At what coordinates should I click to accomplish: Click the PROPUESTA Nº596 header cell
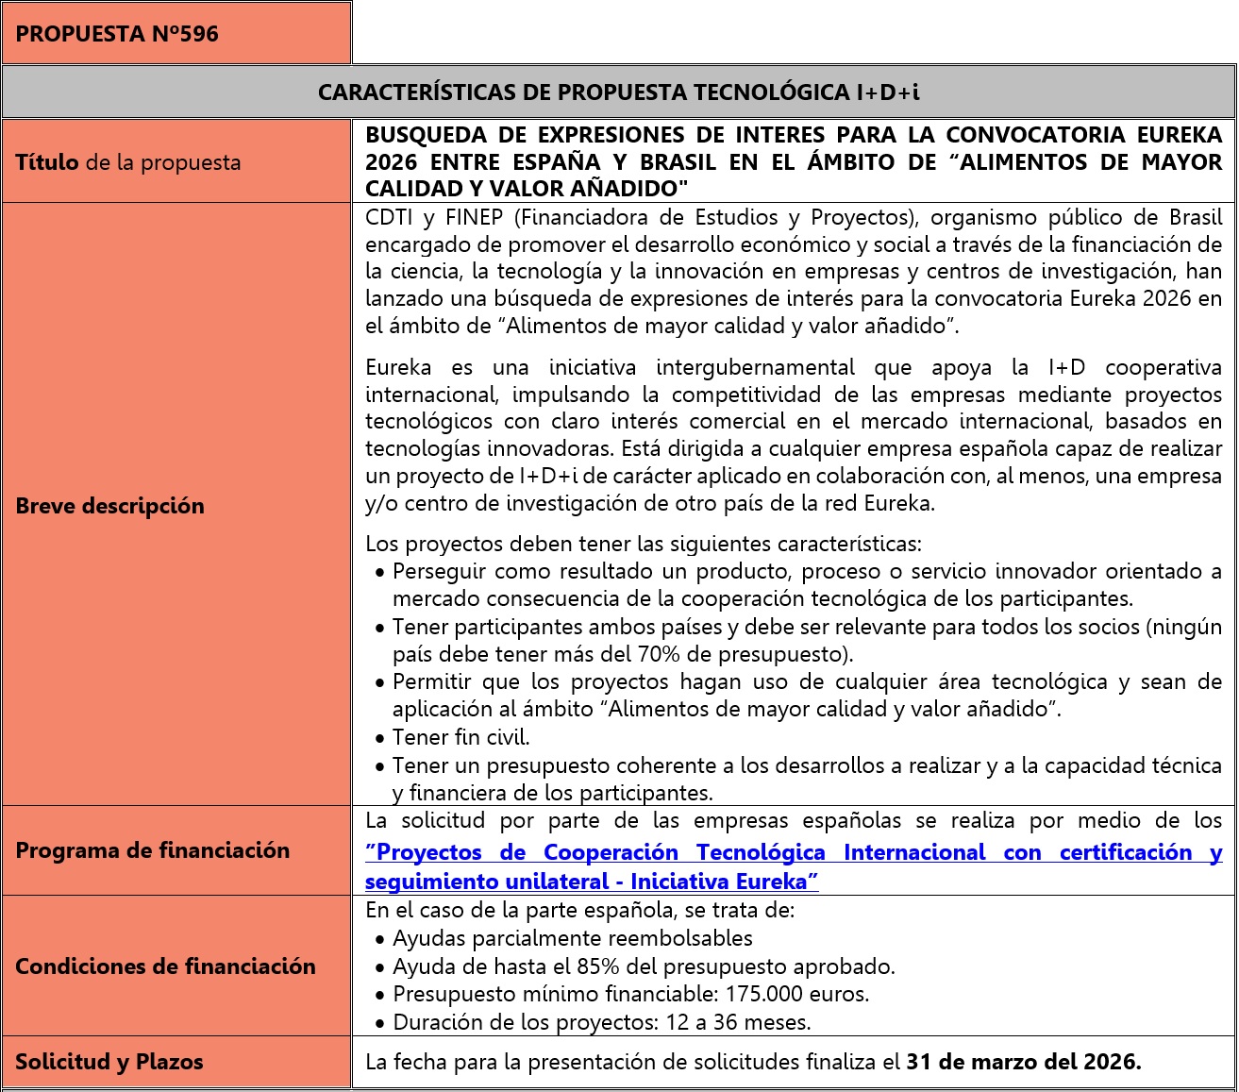pos(117,34)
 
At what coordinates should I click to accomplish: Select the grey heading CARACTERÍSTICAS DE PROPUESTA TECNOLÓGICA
pos(618,92)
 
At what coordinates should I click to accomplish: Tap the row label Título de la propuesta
pos(128,162)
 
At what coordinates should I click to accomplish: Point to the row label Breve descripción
pos(109,506)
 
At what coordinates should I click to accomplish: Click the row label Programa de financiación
pos(152,850)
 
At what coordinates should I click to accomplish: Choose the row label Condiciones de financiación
pos(165,966)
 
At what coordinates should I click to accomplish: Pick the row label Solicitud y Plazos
pos(109,1062)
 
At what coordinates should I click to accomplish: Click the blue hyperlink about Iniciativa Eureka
pos(793,866)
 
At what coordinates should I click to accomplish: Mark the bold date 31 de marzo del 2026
pos(1023,1062)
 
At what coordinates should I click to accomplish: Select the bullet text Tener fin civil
pos(461,737)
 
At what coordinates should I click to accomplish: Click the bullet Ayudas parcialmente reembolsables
pos(572,938)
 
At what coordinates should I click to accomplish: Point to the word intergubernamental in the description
pos(755,366)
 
